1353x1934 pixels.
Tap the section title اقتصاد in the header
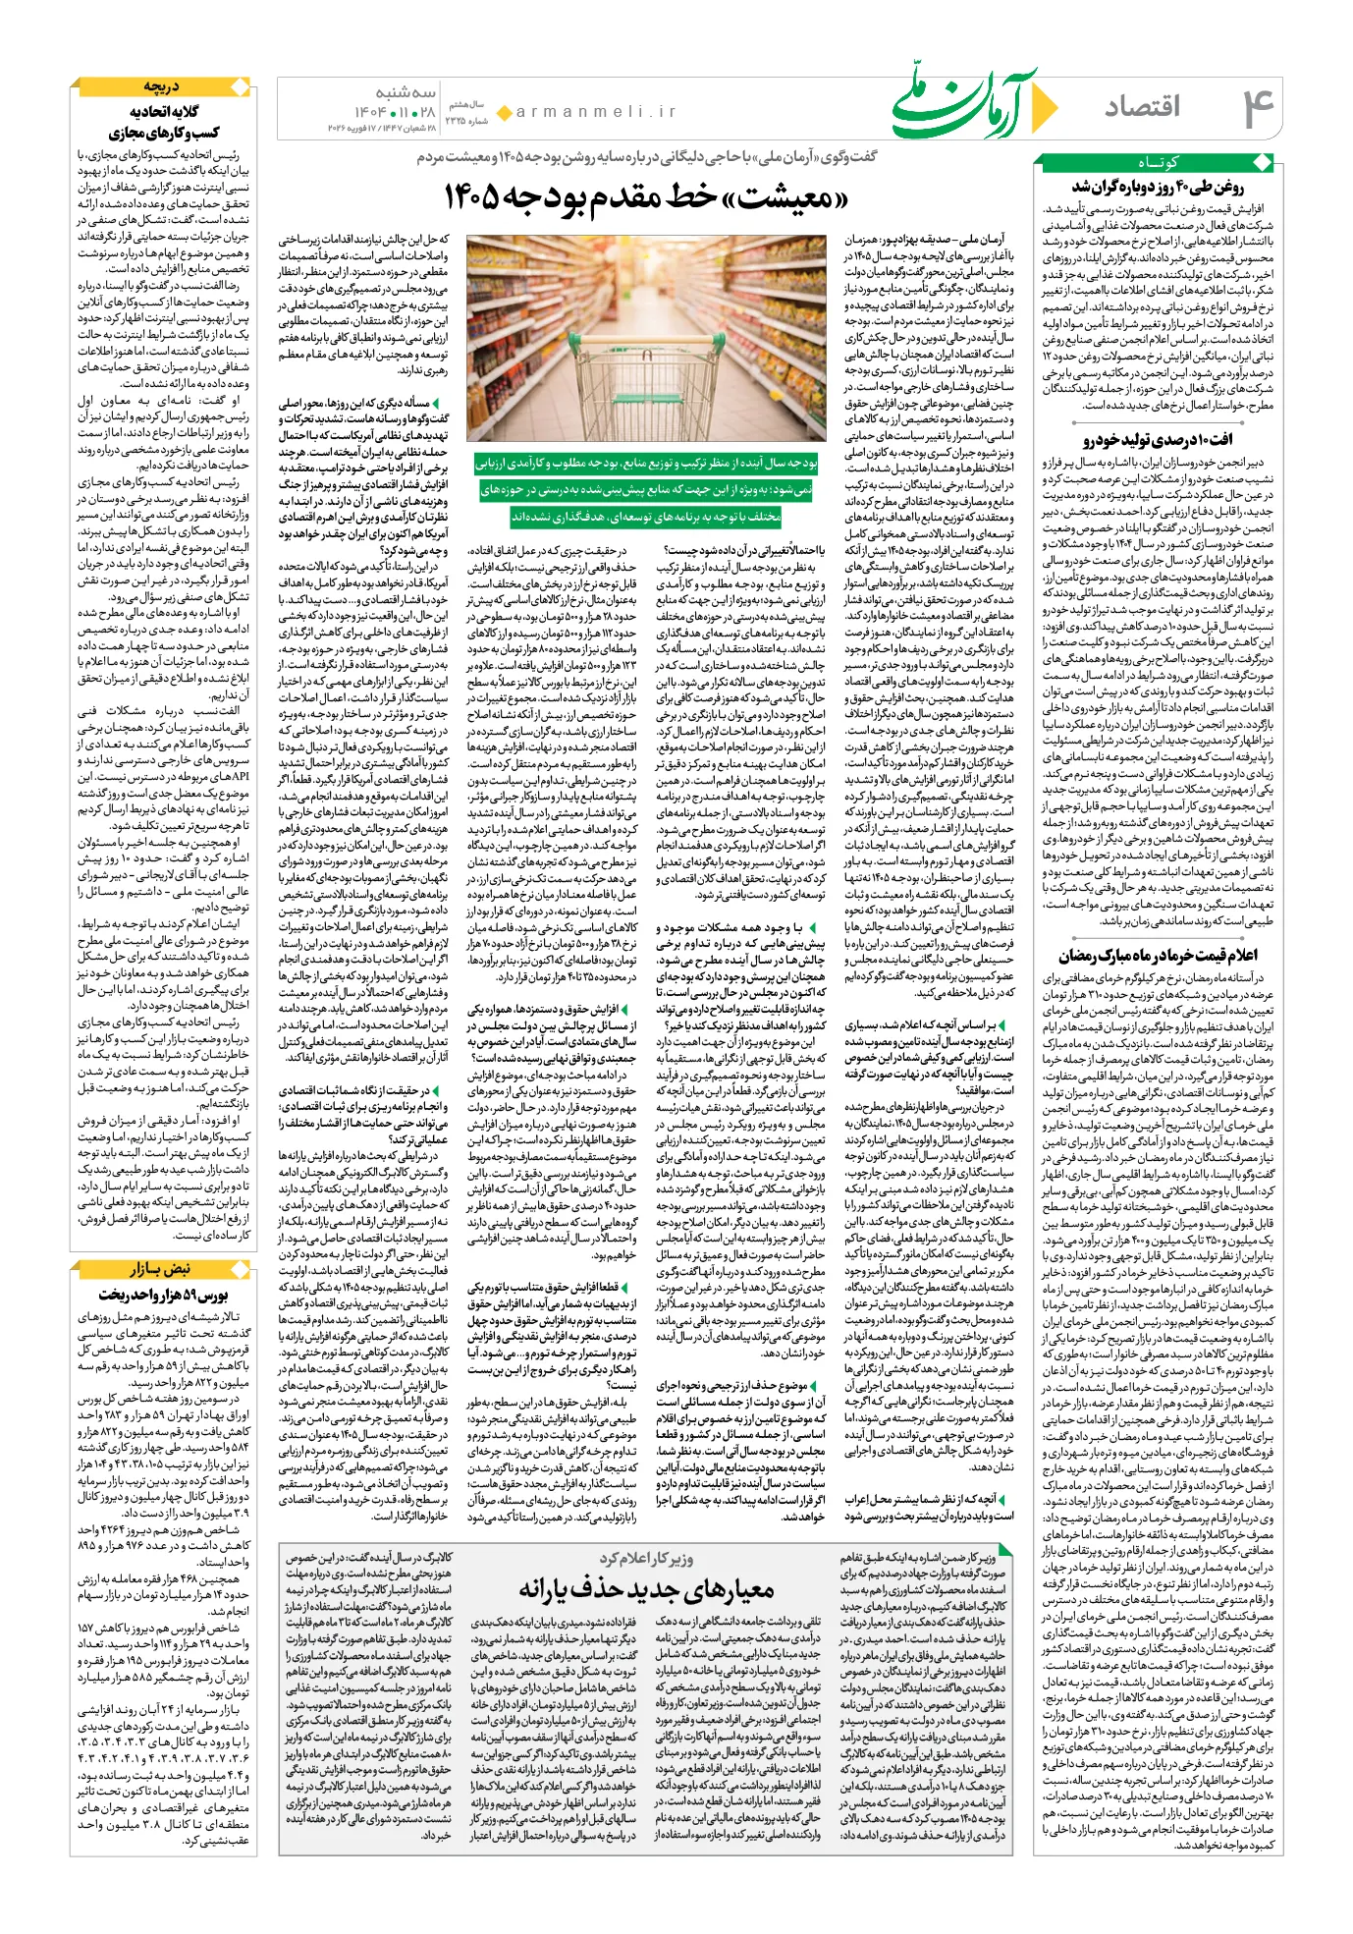click(x=1142, y=106)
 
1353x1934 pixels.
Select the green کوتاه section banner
click(x=1157, y=163)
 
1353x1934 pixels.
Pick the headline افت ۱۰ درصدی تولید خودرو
click(x=1157, y=439)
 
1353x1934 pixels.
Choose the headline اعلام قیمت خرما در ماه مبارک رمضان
click(x=1157, y=955)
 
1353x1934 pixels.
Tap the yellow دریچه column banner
click(x=163, y=87)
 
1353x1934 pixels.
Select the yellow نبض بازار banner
click(x=163, y=1268)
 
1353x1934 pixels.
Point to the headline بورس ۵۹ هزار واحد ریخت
click(x=163, y=1294)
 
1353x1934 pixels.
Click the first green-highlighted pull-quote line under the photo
click(x=646, y=462)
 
